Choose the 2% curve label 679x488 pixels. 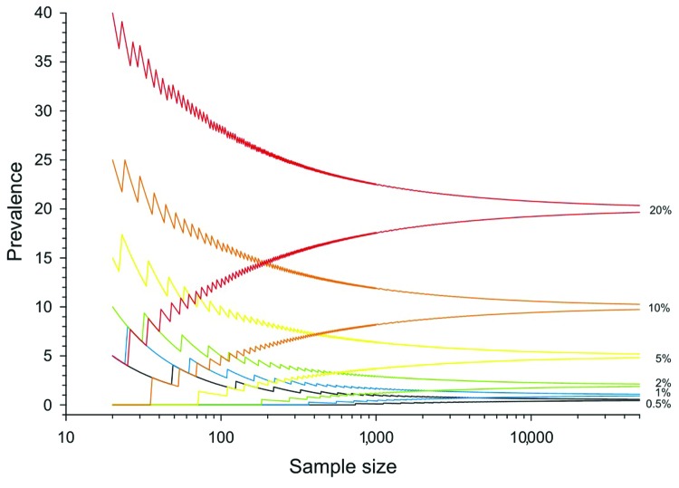[661, 382]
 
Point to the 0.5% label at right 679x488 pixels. [658, 404]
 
